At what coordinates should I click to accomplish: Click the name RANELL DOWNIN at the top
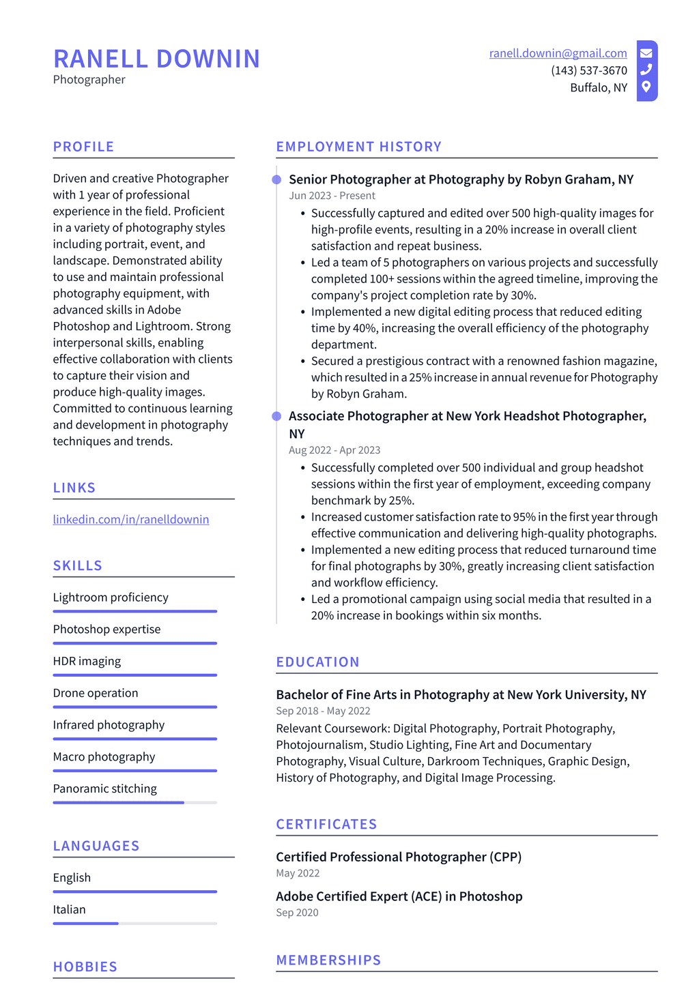coord(156,59)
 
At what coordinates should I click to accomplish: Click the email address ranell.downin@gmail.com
coord(558,53)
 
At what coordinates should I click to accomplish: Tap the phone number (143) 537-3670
coord(588,70)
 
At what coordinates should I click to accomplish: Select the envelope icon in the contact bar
coord(646,53)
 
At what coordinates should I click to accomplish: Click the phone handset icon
coord(646,70)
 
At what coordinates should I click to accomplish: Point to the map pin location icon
coord(646,87)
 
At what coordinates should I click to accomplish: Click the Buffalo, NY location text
coord(598,87)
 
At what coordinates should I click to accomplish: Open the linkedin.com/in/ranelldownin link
coord(131,519)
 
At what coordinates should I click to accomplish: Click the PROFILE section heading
coord(83,147)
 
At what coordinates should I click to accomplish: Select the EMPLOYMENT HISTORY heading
coord(358,147)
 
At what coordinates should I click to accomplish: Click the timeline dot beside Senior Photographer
coord(276,179)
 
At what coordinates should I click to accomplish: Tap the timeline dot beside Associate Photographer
coord(276,416)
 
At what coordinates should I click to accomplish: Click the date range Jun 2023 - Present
coord(332,196)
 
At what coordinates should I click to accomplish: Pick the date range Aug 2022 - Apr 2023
coord(334,450)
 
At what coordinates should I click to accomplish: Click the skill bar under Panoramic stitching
coord(134,802)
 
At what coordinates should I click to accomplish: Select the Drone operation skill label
coord(96,693)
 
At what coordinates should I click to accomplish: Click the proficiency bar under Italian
coord(134,924)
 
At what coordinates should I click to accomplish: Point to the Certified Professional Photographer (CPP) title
coord(398,857)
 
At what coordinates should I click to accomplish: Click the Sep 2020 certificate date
coord(297,913)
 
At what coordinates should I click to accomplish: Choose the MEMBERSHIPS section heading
coord(328,960)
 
